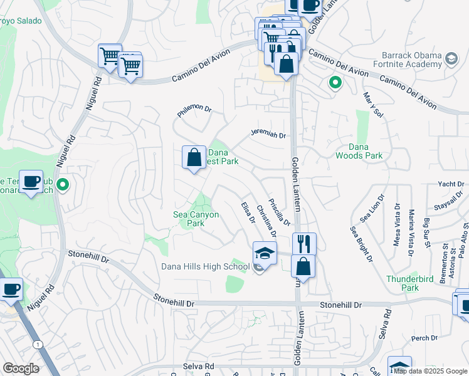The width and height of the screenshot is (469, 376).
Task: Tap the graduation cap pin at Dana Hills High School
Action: pyautogui.click(x=265, y=254)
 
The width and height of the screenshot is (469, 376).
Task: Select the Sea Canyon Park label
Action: pyautogui.click(x=196, y=219)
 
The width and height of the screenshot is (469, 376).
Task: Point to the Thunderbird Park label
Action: pyautogui.click(x=403, y=283)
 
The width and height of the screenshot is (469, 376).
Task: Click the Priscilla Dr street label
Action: pyautogui.click(x=279, y=212)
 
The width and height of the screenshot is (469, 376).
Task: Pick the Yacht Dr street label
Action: pyautogui.click(x=451, y=184)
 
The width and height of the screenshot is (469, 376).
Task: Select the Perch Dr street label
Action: pyautogui.click(x=424, y=338)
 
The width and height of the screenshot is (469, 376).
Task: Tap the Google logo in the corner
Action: pyautogui.click(x=21, y=368)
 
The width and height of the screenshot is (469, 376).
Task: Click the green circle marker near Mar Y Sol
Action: pyautogui.click(x=335, y=82)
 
